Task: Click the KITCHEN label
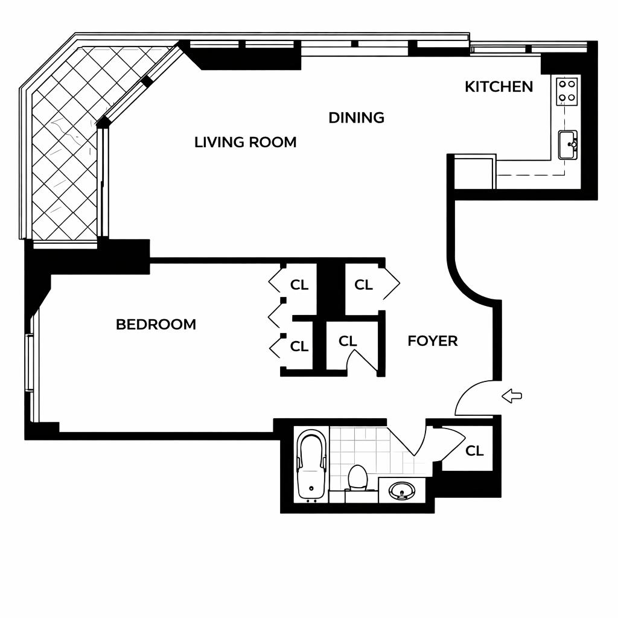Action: (499, 87)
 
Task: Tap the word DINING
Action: (356, 118)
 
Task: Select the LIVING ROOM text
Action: (245, 142)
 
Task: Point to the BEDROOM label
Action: (156, 325)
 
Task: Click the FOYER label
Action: (432, 342)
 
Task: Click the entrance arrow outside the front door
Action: (512, 397)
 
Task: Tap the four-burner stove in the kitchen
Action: (567, 91)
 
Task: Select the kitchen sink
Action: (567, 145)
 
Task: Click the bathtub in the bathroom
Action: (311, 465)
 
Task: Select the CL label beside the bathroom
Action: (474, 451)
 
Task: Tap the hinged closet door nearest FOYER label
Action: (363, 358)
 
